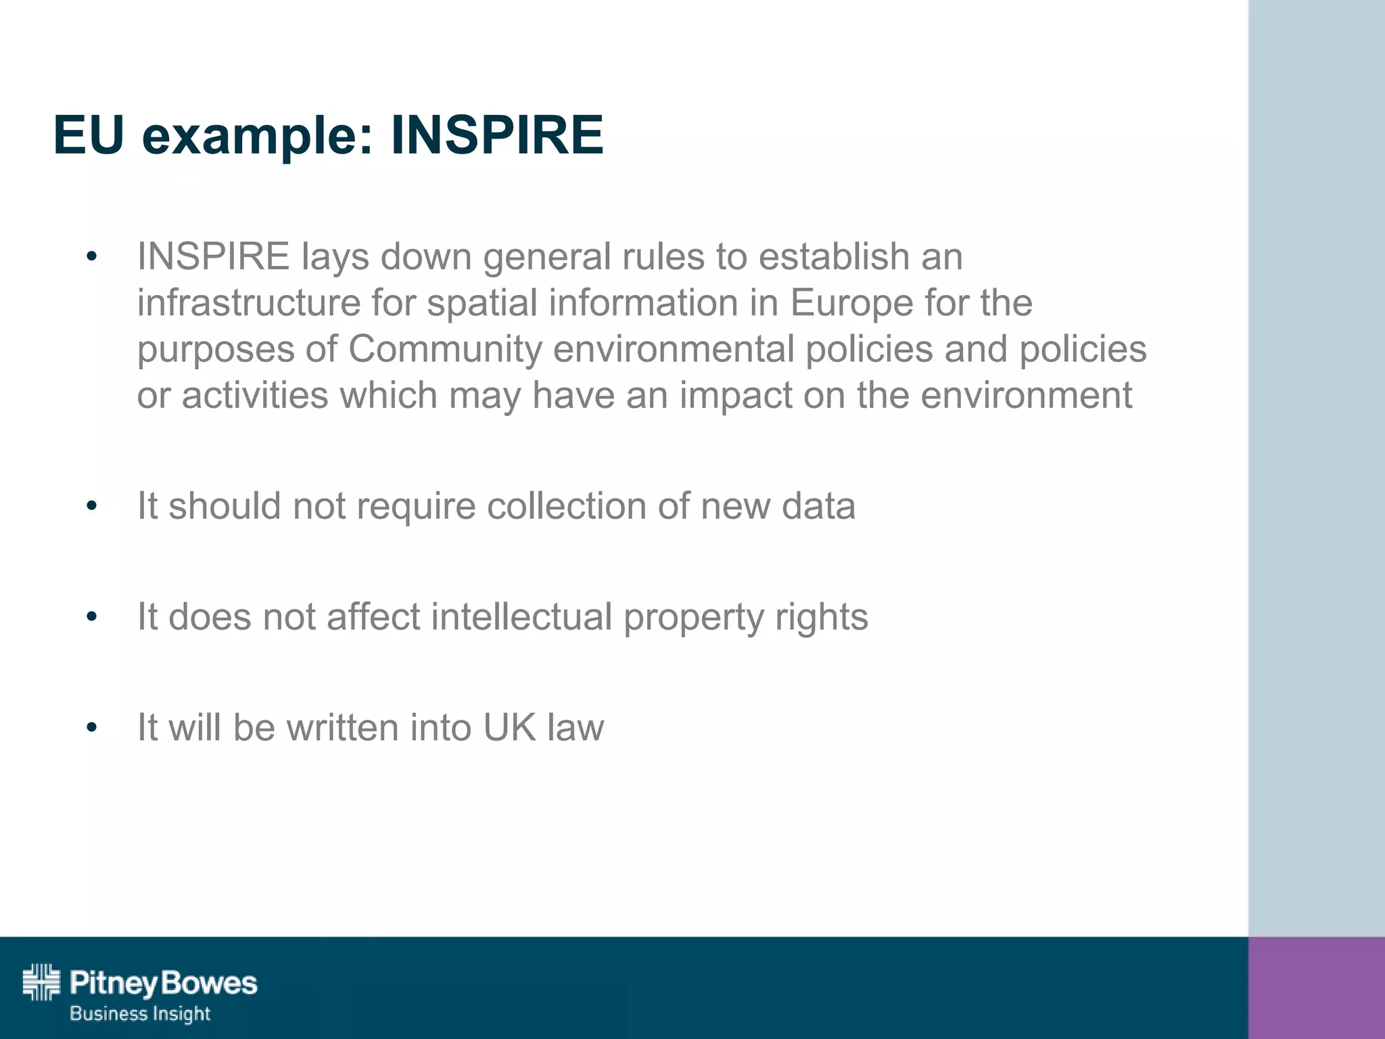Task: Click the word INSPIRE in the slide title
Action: click(x=497, y=135)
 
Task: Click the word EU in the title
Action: click(x=89, y=135)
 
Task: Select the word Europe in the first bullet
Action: click(x=851, y=304)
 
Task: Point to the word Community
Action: click(x=445, y=350)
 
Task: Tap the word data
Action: click(x=818, y=506)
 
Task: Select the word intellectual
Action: click(x=521, y=617)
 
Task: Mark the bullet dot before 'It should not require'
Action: click(x=92, y=506)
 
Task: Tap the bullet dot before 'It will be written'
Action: click(x=92, y=728)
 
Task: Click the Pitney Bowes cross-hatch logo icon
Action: click(x=41, y=982)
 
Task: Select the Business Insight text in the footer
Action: click(x=140, y=1013)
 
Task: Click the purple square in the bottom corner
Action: click(x=1316, y=988)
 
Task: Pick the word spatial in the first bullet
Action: click(x=482, y=304)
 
